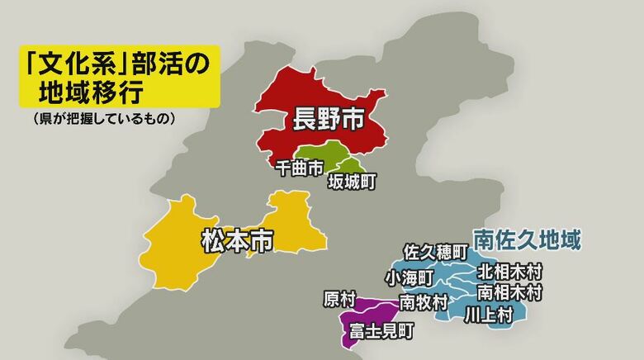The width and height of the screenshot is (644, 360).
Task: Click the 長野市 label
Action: (x=329, y=121)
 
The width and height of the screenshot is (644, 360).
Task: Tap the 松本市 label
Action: (x=237, y=241)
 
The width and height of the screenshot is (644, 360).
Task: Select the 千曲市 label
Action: (x=299, y=168)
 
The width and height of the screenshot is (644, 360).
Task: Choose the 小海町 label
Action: (x=407, y=276)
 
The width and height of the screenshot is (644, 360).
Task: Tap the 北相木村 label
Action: (x=510, y=271)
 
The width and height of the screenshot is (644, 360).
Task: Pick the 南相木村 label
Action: (x=510, y=291)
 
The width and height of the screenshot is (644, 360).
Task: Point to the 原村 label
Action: (x=339, y=297)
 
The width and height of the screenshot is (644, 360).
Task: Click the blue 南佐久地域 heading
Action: (x=527, y=240)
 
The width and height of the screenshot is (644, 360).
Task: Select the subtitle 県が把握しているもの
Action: (x=100, y=119)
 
